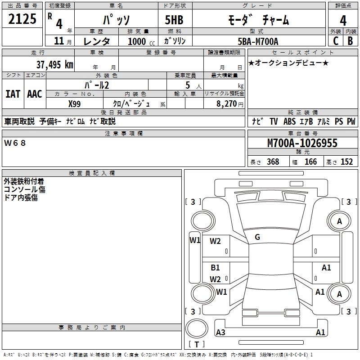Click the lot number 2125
(x=22, y=19)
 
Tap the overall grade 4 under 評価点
(x=343, y=20)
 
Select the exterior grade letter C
(x=336, y=41)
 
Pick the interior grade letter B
(x=350, y=41)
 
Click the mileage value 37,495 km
(x=55, y=65)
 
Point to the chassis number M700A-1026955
(x=302, y=143)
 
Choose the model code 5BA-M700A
(x=258, y=41)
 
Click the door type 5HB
(x=174, y=20)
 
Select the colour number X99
(x=74, y=104)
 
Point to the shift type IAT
(x=13, y=94)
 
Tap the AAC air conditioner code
(x=35, y=94)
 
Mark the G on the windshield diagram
(x=257, y=237)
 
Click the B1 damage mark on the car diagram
(x=215, y=267)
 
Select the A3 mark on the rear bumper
(x=220, y=332)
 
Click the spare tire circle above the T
(x=197, y=328)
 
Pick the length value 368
(x=273, y=162)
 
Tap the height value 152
(x=346, y=162)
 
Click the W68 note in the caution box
(x=15, y=143)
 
